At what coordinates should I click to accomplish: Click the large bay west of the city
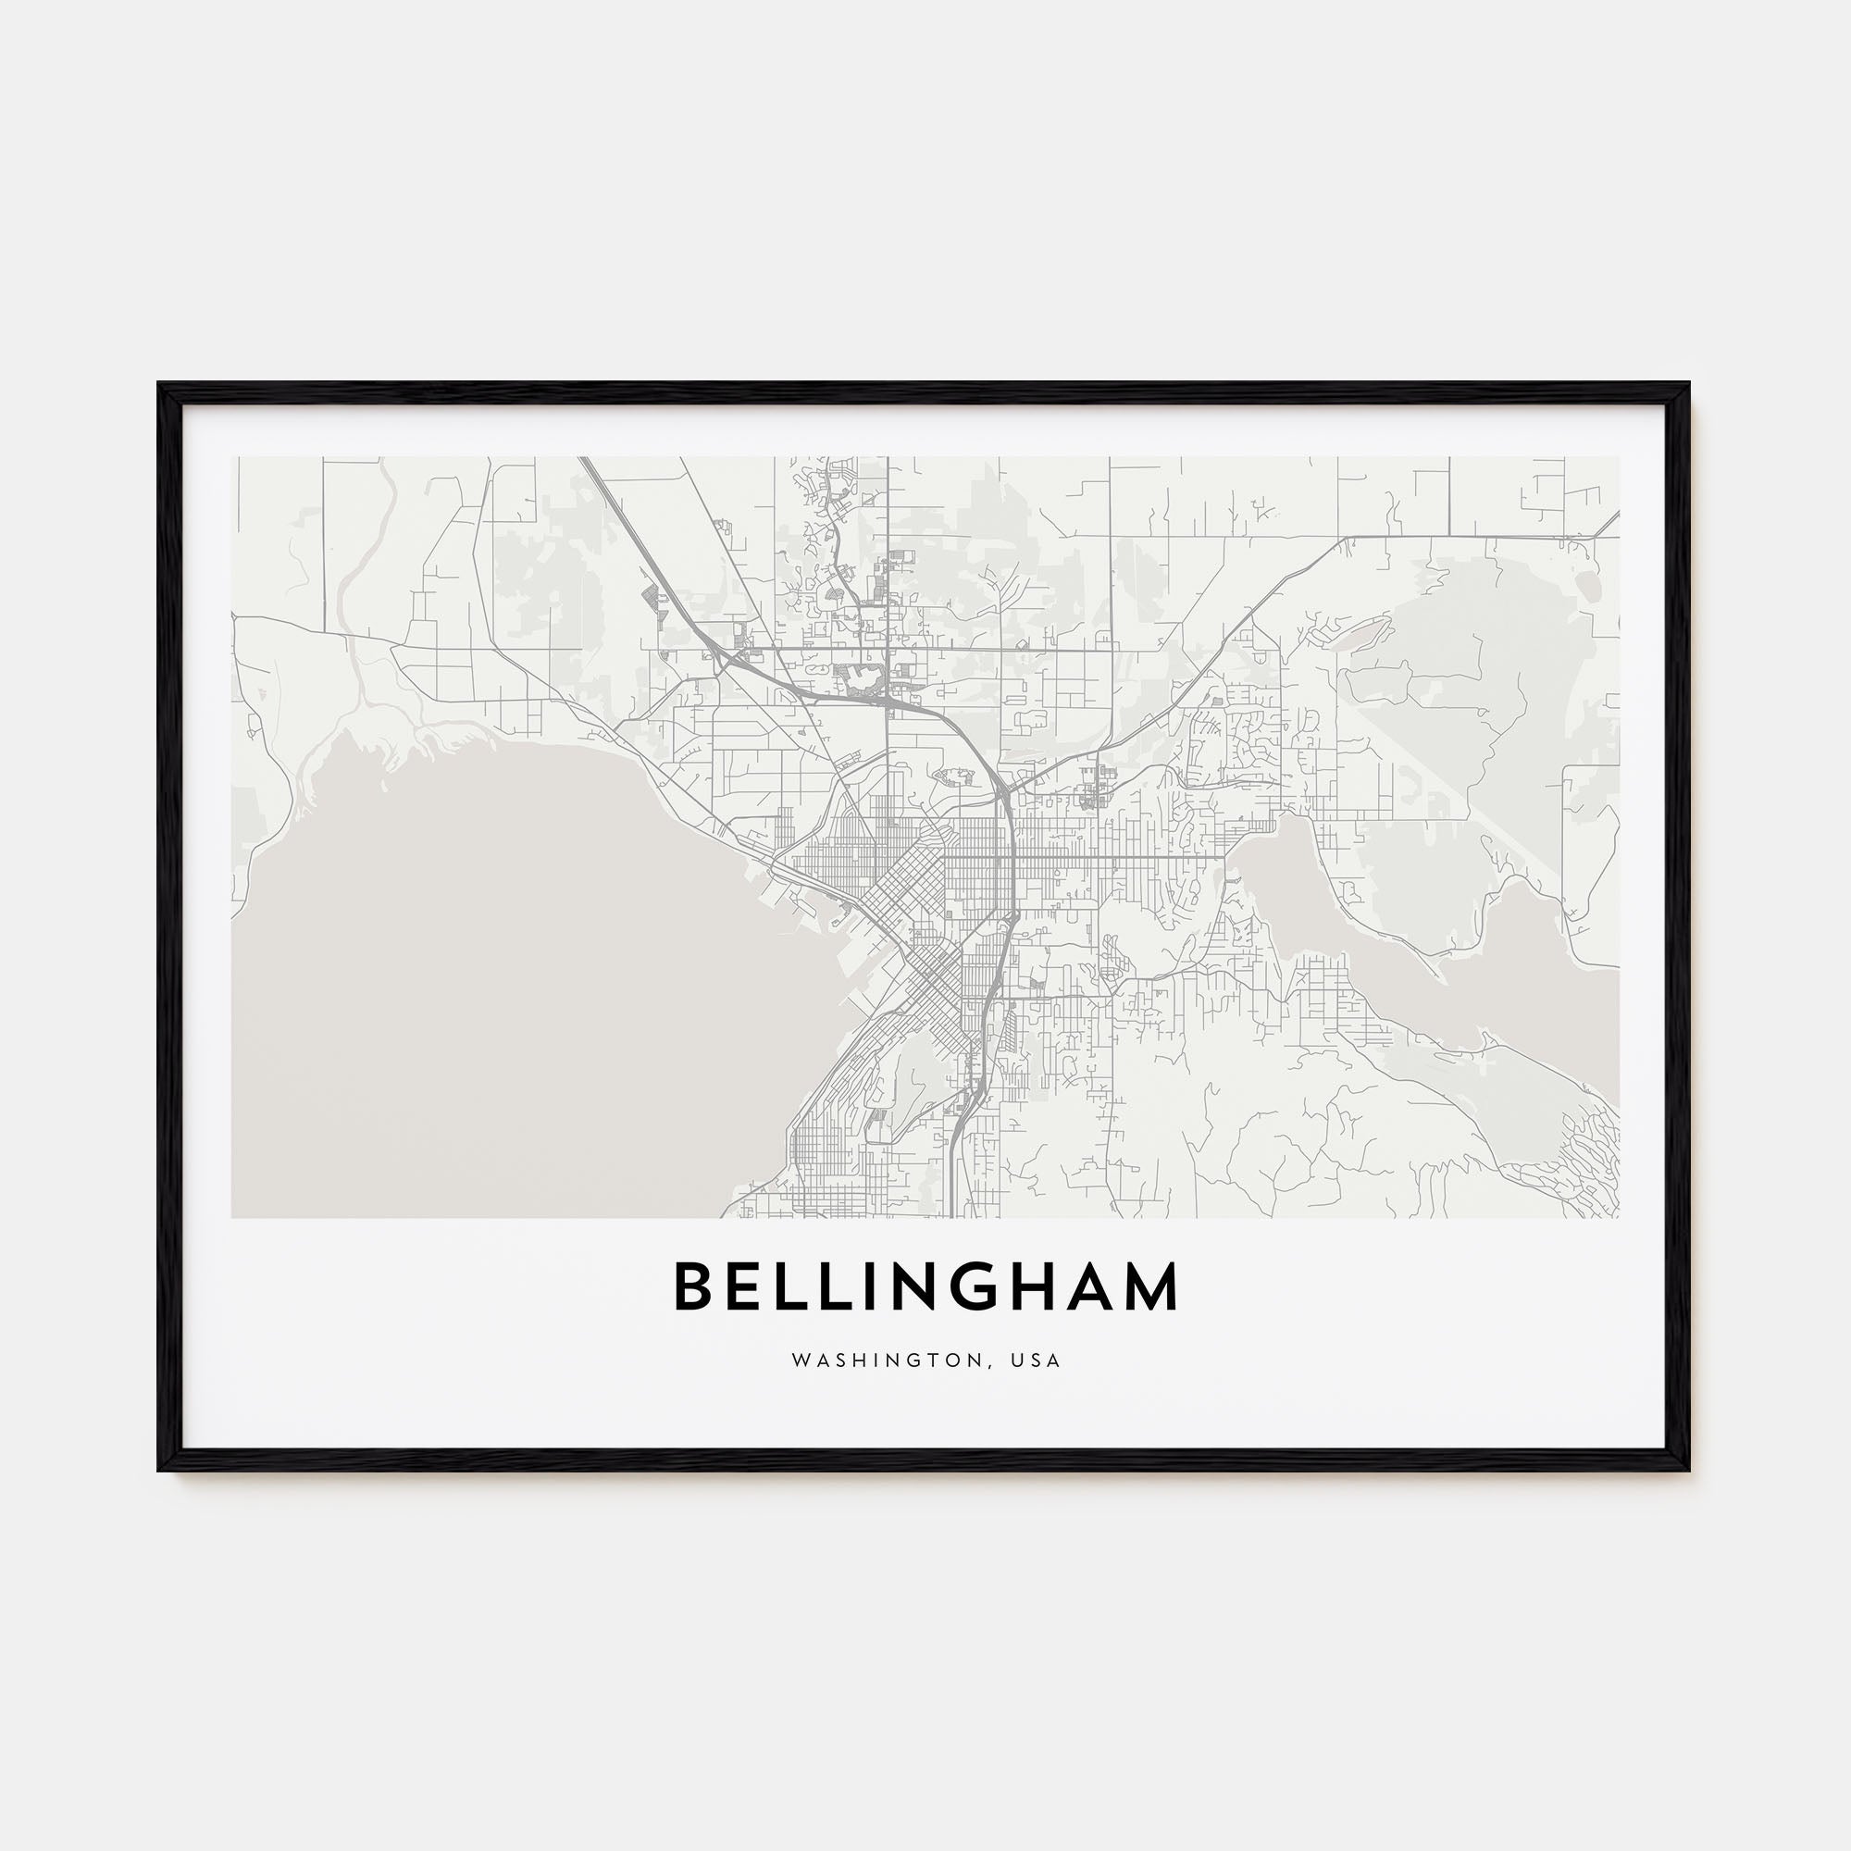(x=498, y=958)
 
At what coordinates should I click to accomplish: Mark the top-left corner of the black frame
(x=160, y=385)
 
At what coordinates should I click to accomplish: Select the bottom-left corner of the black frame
(x=160, y=1469)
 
